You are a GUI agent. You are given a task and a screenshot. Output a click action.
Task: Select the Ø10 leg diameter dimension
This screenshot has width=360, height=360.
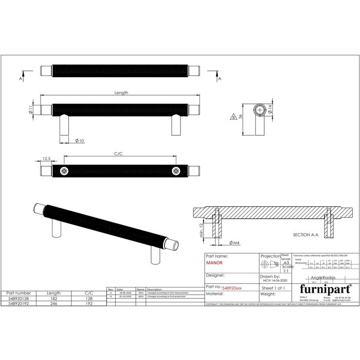coord(80,140)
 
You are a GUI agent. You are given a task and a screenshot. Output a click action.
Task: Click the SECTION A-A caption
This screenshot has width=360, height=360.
coord(310,235)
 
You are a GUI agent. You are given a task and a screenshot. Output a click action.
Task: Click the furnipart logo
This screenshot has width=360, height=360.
coord(322,289)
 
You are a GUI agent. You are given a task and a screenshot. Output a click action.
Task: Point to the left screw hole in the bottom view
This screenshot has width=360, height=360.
coord(64,171)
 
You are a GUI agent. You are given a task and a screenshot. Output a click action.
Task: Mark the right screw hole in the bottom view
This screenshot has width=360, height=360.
coord(176,171)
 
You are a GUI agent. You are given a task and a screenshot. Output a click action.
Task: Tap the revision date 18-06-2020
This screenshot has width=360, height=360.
coord(125,293)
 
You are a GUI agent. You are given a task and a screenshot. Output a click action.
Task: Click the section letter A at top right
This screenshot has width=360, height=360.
coord(220,79)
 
